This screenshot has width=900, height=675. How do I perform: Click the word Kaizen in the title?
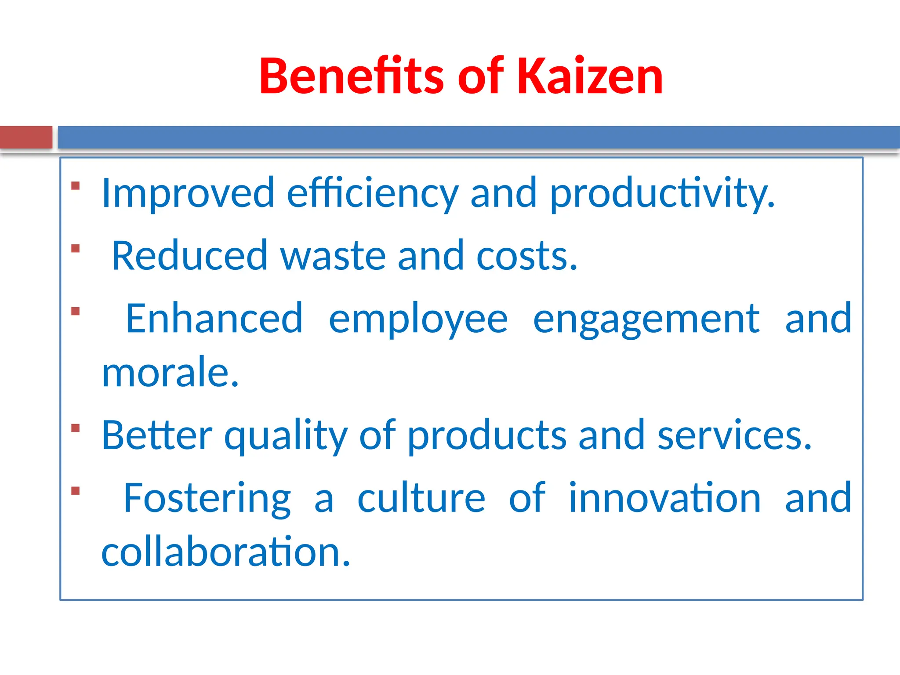[x=590, y=76]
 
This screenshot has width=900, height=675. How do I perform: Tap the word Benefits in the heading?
[x=352, y=76]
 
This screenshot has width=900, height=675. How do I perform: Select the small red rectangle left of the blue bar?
[x=26, y=137]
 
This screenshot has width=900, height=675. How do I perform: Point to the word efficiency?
[x=373, y=193]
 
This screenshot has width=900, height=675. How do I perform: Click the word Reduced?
[x=189, y=256]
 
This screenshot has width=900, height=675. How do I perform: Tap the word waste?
[x=333, y=256]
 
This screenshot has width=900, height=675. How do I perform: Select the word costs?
[x=526, y=256]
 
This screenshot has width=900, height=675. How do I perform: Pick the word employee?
[x=418, y=320]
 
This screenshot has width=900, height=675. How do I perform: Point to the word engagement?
[x=646, y=320]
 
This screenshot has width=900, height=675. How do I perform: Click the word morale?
[x=170, y=373]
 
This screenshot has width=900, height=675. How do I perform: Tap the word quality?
[x=286, y=436]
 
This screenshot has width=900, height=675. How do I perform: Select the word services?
[x=734, y=436]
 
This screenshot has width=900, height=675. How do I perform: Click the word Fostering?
[x=207, y=498]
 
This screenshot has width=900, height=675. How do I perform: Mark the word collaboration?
[x=225, y=552]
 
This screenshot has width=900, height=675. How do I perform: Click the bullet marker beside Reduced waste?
[x=76, y=249]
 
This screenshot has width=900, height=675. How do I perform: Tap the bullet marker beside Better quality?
[x=76, y=428]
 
